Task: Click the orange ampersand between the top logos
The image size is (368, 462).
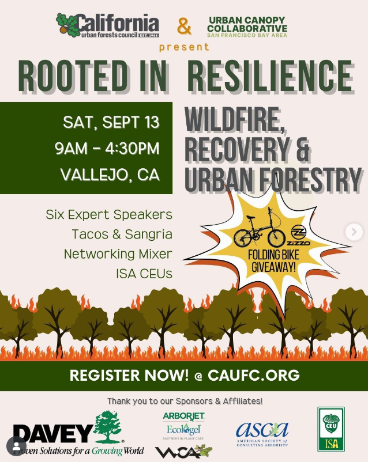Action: click(184, 26)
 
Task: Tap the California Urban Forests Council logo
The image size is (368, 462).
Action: click(108, 25)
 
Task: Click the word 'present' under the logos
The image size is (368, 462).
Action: click(184, 47)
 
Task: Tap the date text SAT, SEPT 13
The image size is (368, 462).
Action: click(111, 123)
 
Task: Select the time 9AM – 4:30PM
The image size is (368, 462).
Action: click(107, 149)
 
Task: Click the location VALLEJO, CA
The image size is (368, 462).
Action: click(110, 175)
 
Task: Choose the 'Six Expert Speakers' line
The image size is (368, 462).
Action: click(109, 215)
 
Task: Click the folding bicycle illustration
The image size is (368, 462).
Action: click(260, 232)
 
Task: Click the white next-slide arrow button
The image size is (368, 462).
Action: click(354, 232)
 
